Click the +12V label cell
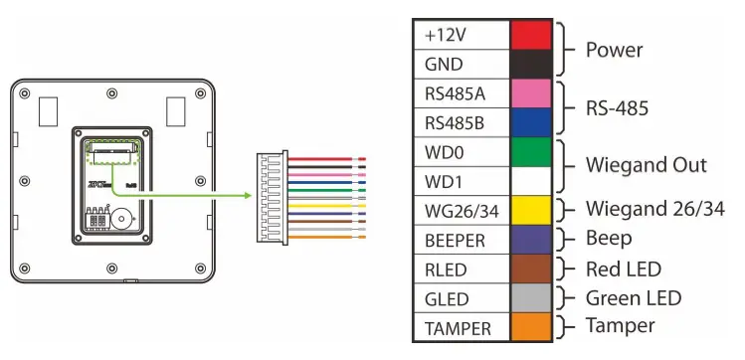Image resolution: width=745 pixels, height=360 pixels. click(x=461, y=34)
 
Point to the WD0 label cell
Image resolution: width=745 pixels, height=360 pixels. click(x=461, y=153)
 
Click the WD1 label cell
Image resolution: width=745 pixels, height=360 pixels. click(x=461, y=183)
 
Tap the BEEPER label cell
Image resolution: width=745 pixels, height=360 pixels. click(x=461, y=240)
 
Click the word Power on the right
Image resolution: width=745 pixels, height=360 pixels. click(x=615, y=50)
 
